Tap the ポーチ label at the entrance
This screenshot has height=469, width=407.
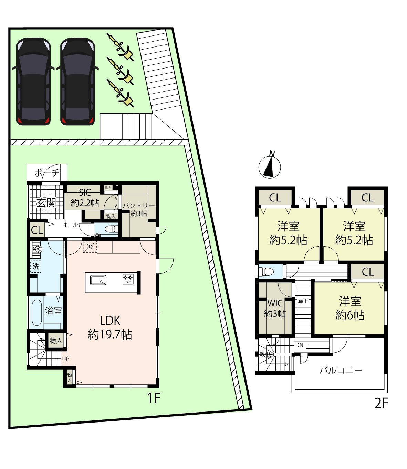pos(47,173)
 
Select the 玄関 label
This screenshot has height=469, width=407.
pos(46,202)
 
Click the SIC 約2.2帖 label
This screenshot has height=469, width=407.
pos(85,197)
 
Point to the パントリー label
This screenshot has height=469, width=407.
pos(139,205)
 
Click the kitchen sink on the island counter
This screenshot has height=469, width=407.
pos(98,280)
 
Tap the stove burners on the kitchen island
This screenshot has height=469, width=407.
pos(128,279)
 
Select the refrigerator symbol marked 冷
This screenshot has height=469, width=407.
pos(90,247)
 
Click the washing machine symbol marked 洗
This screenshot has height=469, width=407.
pos(36,267)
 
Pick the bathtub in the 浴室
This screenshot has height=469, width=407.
pos(36,313)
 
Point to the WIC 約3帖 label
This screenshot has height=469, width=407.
pos(275,308)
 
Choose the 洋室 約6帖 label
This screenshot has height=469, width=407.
pos(350,308)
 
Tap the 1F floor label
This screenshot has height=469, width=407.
pos(154,398)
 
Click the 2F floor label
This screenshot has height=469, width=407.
pos(381,403)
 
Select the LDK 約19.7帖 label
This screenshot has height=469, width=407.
pos(110,327)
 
